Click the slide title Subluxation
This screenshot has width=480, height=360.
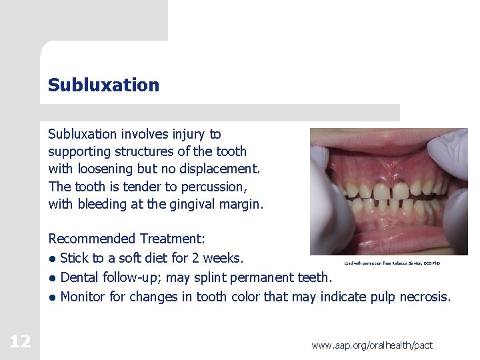pyautogui.click(x=103, y=85)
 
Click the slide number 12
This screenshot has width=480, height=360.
pyautogui.click(x=20, y=342)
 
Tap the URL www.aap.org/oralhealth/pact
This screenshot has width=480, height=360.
pyautogui.click(x=372, y=345)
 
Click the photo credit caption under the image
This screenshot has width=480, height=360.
pyautogui.click(x=392, y=264)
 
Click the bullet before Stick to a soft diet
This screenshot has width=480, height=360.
pyautogui.click(x=52, y=259)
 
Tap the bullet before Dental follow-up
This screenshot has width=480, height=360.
pyautogui.click(x=52, y=278)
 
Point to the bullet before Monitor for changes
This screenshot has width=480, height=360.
pyautogui.click(x=52, y=297)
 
